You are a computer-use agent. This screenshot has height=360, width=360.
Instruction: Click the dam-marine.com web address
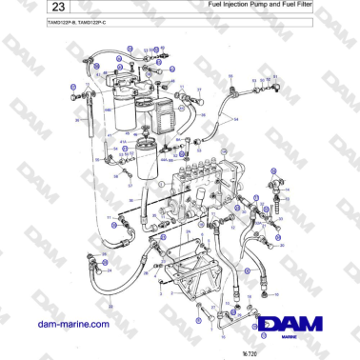[71, 324]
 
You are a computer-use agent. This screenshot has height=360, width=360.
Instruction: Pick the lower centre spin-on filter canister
[146, 162]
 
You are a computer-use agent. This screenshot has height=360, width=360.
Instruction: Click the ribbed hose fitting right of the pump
[277, 180]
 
